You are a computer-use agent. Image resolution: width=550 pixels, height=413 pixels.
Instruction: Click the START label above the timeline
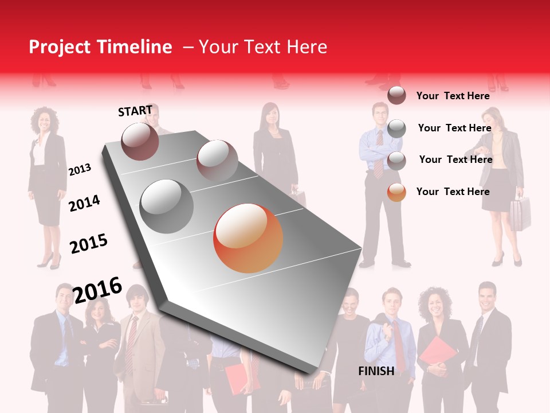(x=135, y=111)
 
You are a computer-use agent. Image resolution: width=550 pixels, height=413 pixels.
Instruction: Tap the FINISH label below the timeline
(x=376, y=371)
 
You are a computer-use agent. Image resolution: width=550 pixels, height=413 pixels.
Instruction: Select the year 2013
(x=80, y=170)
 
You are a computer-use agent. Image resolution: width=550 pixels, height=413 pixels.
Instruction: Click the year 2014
(x=84, y=203)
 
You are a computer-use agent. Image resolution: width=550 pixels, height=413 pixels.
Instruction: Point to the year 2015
(x=89, y=244)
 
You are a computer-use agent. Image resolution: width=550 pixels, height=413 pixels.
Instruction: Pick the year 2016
(x=97, y=290)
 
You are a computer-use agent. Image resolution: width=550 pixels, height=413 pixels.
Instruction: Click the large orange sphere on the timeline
(x=248, y=238)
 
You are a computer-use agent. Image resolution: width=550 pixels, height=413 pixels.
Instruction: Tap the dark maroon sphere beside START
(x=140, y=141)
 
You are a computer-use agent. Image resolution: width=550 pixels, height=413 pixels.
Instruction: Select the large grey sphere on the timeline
(x=166, y=206)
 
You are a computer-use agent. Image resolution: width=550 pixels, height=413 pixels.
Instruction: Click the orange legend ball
(x=396, y=192)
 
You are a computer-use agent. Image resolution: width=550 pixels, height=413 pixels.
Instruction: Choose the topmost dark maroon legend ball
(x=396, y=95)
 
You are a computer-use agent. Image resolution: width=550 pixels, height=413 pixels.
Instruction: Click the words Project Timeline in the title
(x=100, y=47)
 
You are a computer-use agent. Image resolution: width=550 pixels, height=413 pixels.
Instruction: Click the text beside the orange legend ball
(x=453, y=192)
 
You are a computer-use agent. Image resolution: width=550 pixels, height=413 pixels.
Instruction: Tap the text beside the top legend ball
(x=453, y=96)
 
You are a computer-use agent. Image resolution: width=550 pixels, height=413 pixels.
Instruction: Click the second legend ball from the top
(x=396, y=128)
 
